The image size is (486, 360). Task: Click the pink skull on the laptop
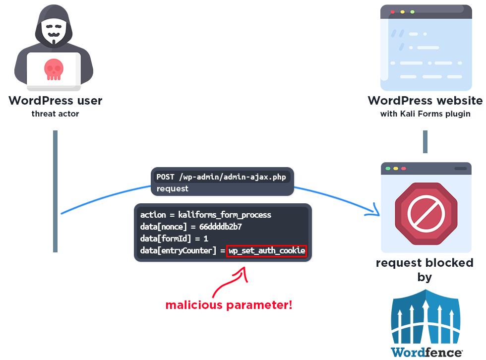coord(54,68)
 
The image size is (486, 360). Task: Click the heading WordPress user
coord(55,101)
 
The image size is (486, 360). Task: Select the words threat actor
coord(55,114)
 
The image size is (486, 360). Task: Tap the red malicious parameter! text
coord(229,305)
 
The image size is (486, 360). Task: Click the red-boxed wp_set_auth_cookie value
coord(267,251)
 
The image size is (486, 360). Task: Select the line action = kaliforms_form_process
coord(206,215)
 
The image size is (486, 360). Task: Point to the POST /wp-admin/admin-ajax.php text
coord(221,177)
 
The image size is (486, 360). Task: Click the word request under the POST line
coord(172,188)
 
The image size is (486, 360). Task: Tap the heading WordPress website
coord(425,101)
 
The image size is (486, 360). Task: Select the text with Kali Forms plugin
coord(425,114)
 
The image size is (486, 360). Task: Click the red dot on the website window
coord(393,11)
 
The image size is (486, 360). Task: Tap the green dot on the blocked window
coord(404,169)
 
